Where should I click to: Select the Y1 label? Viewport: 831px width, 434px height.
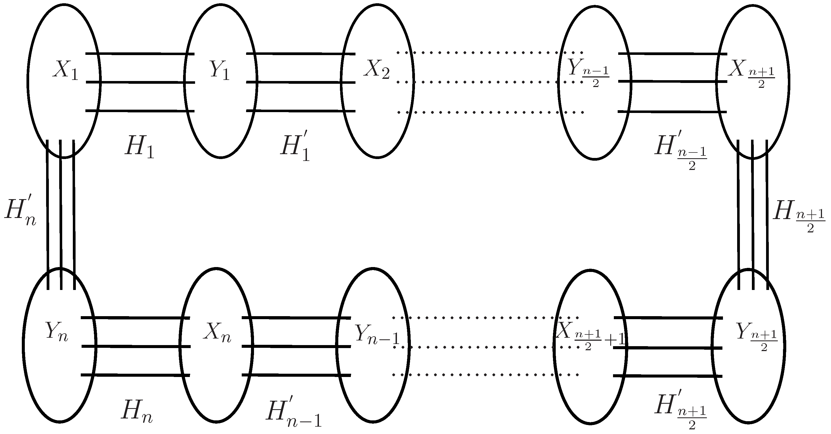click(x=220, y=70)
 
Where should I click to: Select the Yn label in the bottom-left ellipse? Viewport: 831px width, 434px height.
click(x=57, y=331)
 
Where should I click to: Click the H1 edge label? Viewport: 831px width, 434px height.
click(x=139, y=148)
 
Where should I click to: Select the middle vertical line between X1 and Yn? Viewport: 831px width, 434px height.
click(x=61, y=213)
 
